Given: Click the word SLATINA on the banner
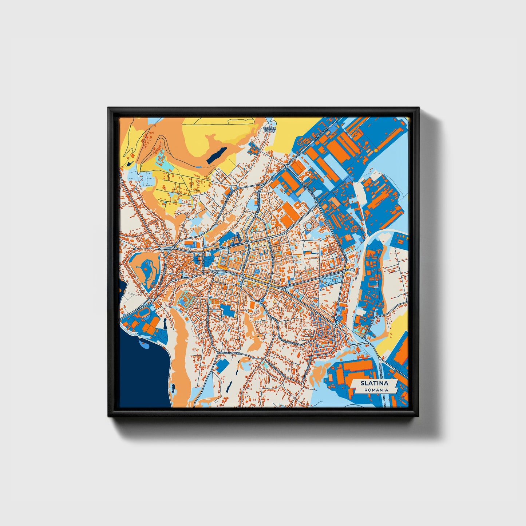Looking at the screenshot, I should (374, 383).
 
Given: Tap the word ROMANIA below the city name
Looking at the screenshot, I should (374, 390).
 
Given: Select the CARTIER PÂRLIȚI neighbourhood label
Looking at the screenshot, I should (270, 130).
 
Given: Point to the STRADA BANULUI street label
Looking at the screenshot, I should (229, 353).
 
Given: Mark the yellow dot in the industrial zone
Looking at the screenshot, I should (375, 150).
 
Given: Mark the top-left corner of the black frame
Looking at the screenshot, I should (108, 108).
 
